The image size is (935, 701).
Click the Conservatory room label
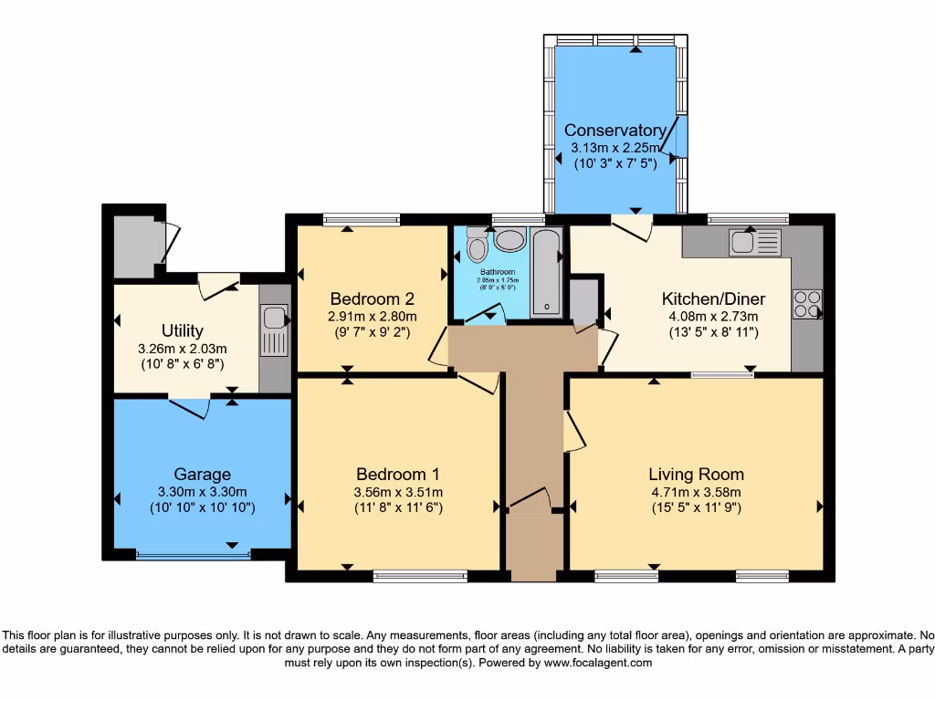point(615,130)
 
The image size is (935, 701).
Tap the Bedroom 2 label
point(373,298)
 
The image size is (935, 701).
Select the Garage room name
point(202,474)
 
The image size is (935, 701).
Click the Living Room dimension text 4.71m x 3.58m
point(696,492)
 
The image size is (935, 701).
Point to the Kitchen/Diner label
point(713,299)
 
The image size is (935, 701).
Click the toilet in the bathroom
point(477,244)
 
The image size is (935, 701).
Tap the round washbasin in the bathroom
point(510,240)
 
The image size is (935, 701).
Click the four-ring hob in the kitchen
point(808,303)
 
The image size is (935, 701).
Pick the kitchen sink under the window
point(755,243)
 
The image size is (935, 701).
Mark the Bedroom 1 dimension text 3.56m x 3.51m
point(398,492)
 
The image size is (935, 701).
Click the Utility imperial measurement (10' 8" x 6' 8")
point(182,363)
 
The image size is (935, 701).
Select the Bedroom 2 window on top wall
point(361,219)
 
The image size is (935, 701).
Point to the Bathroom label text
point(498,272)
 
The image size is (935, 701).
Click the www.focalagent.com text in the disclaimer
point(598,664)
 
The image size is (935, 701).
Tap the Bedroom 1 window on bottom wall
point(419,575)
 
